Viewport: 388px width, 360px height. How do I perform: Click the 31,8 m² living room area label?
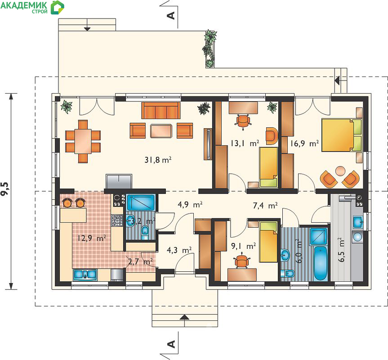(x=158, y=160)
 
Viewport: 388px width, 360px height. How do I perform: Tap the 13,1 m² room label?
(x=245, y=143)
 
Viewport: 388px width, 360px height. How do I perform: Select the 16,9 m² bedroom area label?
(x=304, y=144)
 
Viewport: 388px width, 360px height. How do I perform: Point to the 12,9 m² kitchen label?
(x=92, y=238)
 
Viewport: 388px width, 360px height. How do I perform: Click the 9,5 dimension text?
(x=5, y=189)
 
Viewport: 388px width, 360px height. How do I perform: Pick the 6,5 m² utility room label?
(x=341, y=250)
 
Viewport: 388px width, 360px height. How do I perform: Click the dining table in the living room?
(x=83, y=141)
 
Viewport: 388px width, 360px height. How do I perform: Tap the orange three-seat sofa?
(x=161, y=110)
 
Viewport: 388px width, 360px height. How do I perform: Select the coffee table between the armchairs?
(x=161, y=131)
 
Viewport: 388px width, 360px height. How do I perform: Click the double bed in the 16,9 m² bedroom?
(x=342, y=135)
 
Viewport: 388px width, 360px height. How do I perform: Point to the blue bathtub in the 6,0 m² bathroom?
(x=321, y=263)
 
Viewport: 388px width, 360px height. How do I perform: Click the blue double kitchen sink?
(x=85, y=274)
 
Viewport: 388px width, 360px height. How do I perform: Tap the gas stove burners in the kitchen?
(x=117, y=220)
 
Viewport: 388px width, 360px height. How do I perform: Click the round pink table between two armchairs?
(x=340, y=171)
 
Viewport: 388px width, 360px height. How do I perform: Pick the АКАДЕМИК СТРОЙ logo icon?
(x=58, y=8)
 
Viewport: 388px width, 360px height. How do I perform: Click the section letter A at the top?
(x=171, y=16)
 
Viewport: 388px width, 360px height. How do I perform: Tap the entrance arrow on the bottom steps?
(x=185, y=317)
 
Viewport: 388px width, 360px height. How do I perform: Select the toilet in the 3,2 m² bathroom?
(x=145, y=233)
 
